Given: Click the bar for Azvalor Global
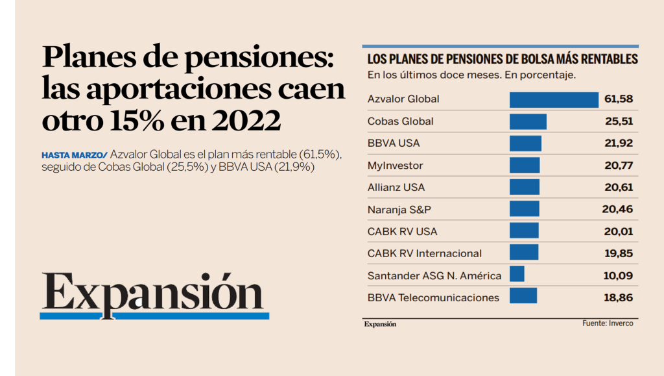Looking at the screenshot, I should point(554,99).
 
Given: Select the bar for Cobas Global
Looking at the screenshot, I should point(528,121).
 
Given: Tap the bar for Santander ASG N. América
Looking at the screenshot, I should point(517,275).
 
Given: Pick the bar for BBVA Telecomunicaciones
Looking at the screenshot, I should point(523,297).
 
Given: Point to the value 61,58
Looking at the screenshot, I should point(618,99).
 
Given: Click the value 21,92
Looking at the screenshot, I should point(619,144).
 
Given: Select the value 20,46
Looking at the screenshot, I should point(617,209).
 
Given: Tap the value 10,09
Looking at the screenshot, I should point(618,275).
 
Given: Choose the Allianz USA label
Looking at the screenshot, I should point(396,188).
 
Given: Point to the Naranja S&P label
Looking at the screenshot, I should point(399,209).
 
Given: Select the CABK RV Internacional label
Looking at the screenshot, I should point(425,253).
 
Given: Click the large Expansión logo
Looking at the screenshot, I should point(154,293).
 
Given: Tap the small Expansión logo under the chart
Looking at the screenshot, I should point(379,324).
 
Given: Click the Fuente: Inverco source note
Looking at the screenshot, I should point(607,323).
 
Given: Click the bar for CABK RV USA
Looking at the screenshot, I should point(524,231).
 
